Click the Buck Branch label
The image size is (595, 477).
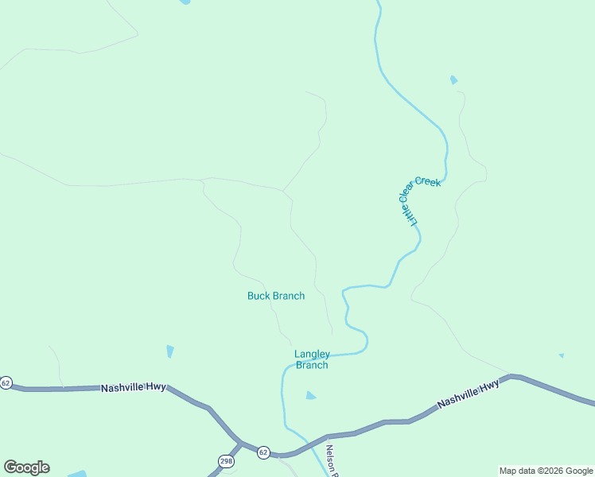tap(275, 296)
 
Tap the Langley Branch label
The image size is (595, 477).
tap(312, 359)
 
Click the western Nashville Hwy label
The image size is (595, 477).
tap(133, 387)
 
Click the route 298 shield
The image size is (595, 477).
tap(227, 461)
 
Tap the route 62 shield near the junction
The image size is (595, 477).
tap(263, 452)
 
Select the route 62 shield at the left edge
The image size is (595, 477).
tap(6, 383)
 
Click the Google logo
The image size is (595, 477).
tap(26, 467)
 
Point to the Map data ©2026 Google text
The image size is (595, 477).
tap(546, 471)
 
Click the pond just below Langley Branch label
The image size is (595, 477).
tap(310, 395)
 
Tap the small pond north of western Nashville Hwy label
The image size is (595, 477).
tap(170, 351)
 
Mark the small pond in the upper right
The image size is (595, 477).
tap(453, 79)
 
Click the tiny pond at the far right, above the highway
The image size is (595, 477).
tap(561, 355)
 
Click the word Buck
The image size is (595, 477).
tap(258, 296)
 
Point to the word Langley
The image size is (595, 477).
tap(312, 354)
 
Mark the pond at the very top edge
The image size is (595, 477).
tap(185, 2)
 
